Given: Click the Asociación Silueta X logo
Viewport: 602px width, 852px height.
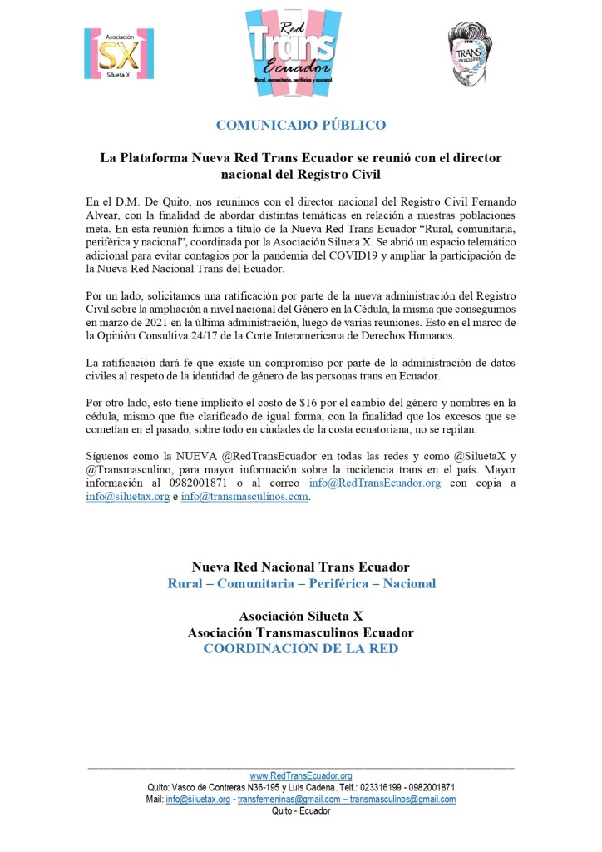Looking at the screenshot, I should tap(119, 53).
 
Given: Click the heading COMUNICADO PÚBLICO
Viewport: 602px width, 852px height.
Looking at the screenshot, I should tap(301, 126).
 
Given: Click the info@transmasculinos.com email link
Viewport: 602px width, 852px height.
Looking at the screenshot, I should tap(244, 497).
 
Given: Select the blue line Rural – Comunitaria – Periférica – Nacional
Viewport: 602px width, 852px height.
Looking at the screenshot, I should tap(301, 583).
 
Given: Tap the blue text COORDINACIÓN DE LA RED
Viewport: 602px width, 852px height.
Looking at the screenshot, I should tap(301, 648).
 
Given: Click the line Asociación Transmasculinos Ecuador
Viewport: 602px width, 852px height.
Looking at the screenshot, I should tap(301, 632).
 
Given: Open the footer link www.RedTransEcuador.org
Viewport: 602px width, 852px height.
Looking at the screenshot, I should tap(301, 775).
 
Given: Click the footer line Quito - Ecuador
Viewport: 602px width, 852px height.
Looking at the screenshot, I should tap(301, 811).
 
